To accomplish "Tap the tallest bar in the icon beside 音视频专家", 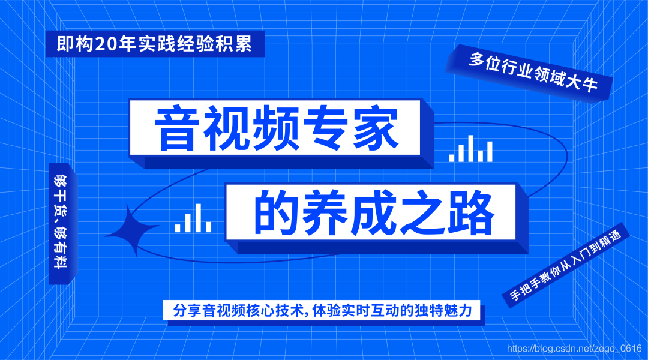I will [x=470, y=148].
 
